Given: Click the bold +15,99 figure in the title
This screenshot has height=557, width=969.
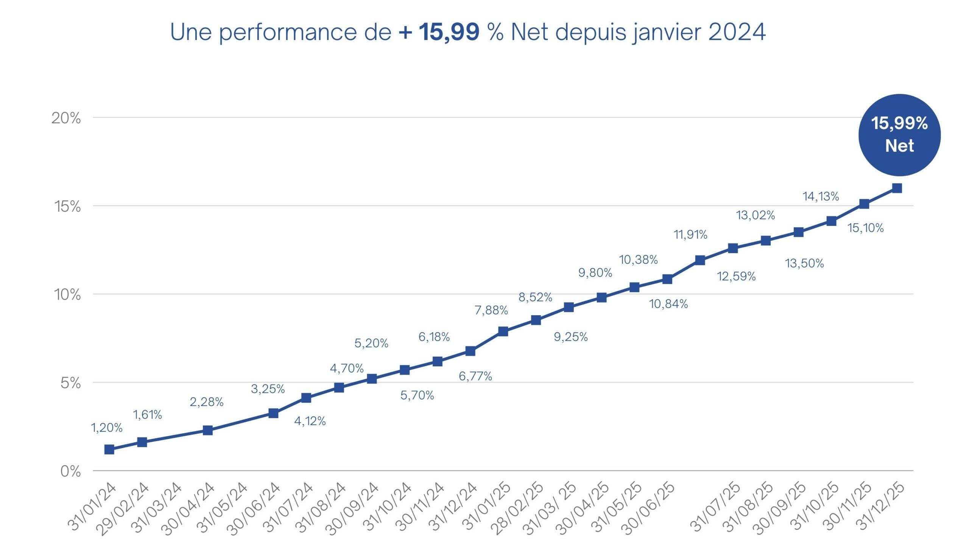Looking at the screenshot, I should [439, 32].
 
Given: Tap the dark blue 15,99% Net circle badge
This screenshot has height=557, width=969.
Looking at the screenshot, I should [899, 135].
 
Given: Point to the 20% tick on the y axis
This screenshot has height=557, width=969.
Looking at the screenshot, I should [66, 118].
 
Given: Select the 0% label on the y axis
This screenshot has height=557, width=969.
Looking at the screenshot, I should [70, 472].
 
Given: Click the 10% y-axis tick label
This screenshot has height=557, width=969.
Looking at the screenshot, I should [67, 295].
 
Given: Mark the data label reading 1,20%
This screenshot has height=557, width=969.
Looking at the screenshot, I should [107, 428].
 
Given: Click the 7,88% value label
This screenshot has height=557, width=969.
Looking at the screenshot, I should [491, 310].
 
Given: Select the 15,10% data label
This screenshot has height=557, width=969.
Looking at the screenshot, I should [865, 229].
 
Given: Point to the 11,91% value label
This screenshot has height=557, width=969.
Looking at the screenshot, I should [690, 235].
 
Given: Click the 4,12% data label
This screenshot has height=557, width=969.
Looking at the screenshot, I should [310, 421].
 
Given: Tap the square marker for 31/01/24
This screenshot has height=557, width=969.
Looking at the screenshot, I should [109, 449].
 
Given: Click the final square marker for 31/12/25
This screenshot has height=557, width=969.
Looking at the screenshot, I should [897, 188].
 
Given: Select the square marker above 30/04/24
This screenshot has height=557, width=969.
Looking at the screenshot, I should [207, 430].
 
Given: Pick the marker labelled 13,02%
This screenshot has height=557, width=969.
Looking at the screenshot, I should [765, 241].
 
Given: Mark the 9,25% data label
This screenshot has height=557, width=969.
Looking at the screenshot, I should [571, 337].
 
